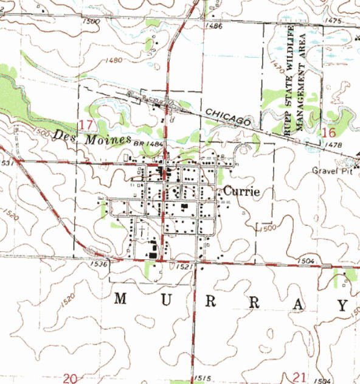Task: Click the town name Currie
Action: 241,191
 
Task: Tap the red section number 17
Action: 86,125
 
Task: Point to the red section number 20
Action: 70,379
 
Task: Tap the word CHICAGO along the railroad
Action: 228,117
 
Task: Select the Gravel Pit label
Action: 332,170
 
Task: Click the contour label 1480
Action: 113,60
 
